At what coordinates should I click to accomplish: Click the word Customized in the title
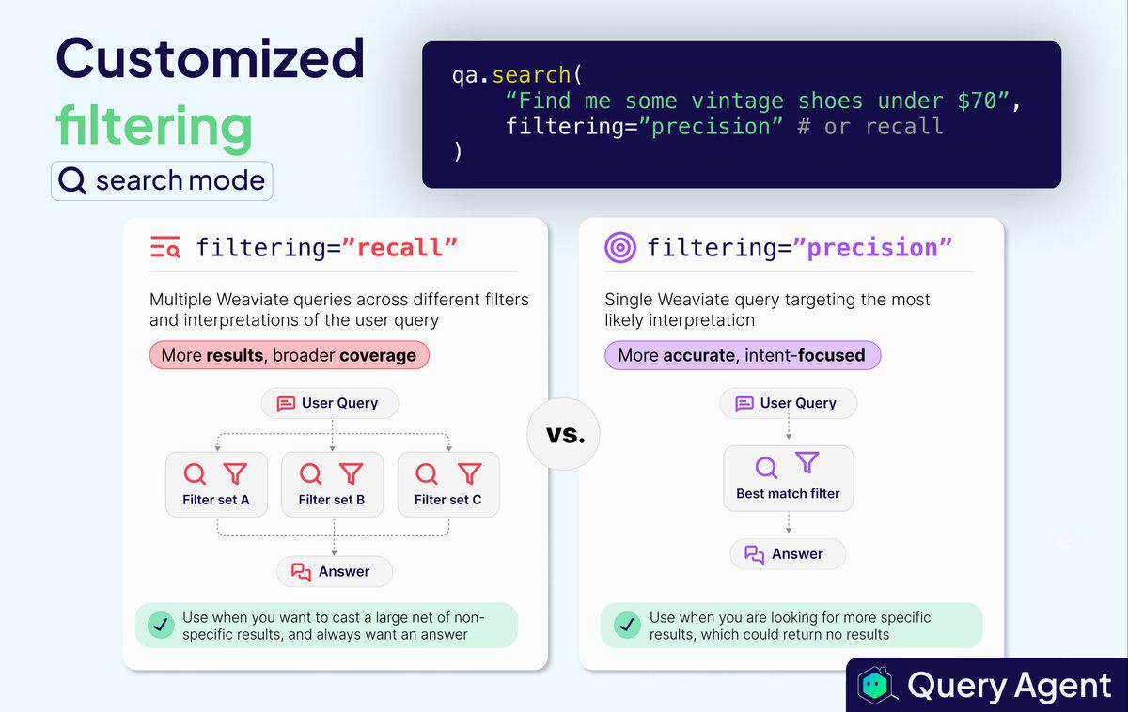coord(210,58)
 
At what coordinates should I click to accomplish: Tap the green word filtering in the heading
coord(154,126)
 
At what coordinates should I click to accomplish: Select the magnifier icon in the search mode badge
coord(72,180)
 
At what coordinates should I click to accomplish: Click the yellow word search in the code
coord(531,75)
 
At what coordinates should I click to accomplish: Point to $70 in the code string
coord(977,101)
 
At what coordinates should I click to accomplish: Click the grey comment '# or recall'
coord(870,126)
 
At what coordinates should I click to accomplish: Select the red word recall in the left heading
coord(399,248)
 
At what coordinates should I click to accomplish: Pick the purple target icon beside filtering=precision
coord(619,247)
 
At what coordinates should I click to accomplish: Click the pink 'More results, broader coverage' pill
coord(290,355)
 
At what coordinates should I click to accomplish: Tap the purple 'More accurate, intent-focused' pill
coord(743,355)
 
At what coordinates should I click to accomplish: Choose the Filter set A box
coord(216,484)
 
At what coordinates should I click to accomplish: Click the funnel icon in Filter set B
coord(351,473)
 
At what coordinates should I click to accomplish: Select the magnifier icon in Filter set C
coord(427,473)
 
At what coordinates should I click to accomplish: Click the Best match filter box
coord(788,478)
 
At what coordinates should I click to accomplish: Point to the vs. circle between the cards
coord(563,434)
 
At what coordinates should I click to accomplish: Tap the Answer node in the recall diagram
coord(335,572)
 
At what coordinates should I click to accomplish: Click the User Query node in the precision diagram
coord(788,403)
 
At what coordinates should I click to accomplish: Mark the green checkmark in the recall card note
coord(161,625)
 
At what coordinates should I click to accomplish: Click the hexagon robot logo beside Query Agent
coord(876,686)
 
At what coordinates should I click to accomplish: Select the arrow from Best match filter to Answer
coord(789,522)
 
